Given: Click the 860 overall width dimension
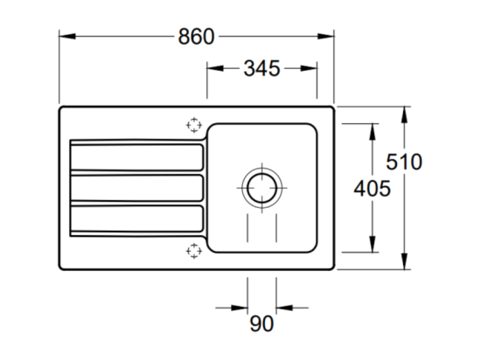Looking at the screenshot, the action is pos(196,37).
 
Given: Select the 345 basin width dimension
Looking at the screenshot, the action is pos(261,68).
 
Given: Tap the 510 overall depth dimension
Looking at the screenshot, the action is pos(404,162).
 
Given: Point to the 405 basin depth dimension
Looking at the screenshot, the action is pos(372,189).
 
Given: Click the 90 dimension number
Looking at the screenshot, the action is pos(261,323).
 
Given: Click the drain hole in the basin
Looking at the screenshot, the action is pos(261,188).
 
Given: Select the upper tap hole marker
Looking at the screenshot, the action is pos(194,125).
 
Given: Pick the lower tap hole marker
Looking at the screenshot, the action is pos(194,251).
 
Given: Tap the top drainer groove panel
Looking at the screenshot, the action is pos(136,157).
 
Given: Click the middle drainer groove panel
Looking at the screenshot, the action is pos(136,188).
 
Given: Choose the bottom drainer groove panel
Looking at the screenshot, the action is pos(136,218).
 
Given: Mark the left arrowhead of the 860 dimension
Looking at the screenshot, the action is pos(67,37).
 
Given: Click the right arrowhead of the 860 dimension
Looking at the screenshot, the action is pos(326,37).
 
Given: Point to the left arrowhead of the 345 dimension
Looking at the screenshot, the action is pos(215,68).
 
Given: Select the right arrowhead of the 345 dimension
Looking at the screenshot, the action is pos(309,68).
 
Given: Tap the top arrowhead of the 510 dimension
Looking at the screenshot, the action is pos(405,114).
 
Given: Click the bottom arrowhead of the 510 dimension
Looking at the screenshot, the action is pos(405,261).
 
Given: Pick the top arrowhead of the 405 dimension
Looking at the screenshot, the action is pos(373,132).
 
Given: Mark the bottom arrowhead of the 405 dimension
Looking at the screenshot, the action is pos(373,244).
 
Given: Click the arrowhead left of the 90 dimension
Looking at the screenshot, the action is pos(240,308).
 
